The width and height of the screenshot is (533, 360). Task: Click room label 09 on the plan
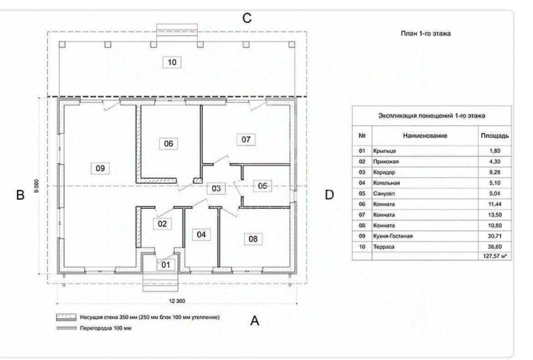pos(100,168)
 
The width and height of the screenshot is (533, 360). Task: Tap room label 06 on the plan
pos(168,144)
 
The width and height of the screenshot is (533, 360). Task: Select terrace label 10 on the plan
pos(172,62)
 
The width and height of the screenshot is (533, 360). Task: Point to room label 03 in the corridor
pos(216,188)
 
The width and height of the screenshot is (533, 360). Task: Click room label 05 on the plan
pos(262,185)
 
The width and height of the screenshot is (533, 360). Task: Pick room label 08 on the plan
pos(253,238)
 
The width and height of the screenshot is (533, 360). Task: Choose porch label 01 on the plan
pos(165,264)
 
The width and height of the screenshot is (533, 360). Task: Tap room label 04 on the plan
pos(201,234)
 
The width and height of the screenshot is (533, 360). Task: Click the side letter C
pos(247,18)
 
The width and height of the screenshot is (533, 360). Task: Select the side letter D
pos(329,195)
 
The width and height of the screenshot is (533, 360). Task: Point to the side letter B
pos(20,195)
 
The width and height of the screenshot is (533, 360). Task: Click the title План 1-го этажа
pos(426,33)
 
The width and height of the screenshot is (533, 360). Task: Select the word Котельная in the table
pos(386,183)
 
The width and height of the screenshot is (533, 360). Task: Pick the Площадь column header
pos(494,136)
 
